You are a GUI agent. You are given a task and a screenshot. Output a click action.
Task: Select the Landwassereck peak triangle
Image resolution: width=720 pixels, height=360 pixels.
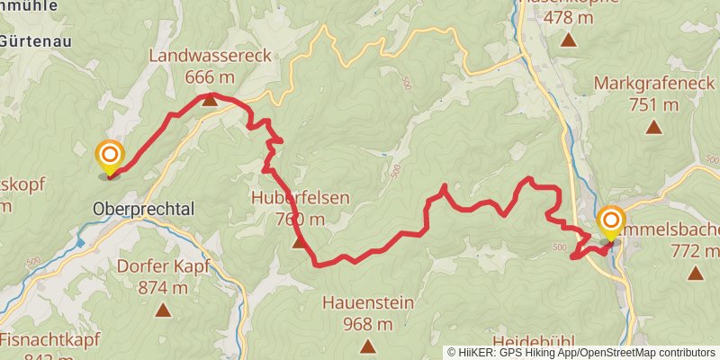coord(210,98)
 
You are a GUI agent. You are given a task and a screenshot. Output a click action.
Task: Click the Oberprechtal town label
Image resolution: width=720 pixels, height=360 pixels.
coord(143,209)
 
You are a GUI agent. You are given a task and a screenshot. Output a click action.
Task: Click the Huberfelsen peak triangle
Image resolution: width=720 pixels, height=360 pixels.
coord(300,240)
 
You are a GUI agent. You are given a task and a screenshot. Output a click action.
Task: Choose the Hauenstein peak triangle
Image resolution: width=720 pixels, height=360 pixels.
coord(367,346)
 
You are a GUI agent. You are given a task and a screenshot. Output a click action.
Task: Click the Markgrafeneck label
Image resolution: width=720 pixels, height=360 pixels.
coord(654,85)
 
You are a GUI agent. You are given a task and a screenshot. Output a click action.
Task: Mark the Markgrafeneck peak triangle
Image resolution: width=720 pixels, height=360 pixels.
coord(654,127)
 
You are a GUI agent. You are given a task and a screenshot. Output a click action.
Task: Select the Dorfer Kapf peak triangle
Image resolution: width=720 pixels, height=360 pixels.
coord(163,310)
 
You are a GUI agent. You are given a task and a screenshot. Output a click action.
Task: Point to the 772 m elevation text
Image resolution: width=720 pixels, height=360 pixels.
coord(697,249)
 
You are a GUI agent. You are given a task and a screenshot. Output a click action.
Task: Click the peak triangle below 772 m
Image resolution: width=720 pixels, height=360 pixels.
coord(694,273)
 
